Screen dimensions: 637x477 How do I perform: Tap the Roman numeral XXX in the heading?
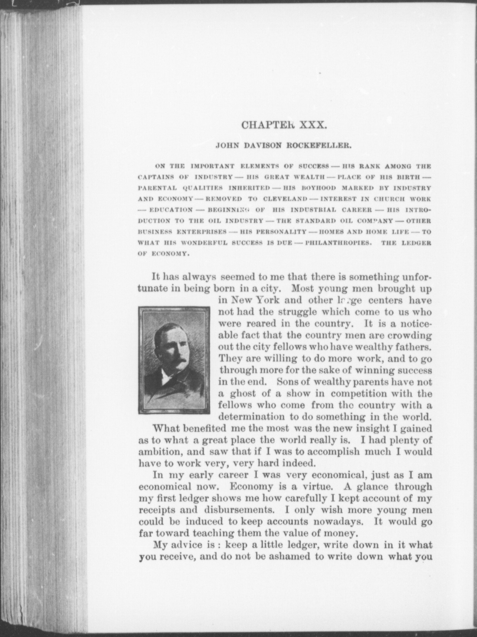[x=314, y=125]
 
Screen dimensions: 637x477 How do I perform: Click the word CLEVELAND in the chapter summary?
[x=285, y=199]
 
